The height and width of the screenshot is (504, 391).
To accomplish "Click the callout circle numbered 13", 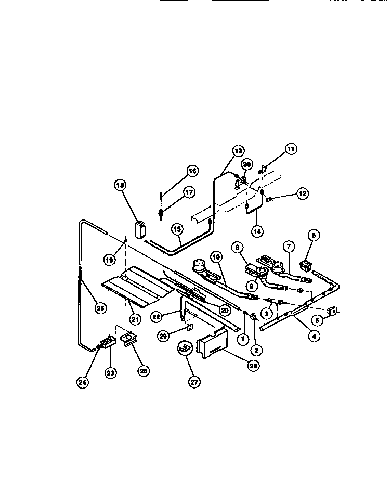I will click(x=238, y=151).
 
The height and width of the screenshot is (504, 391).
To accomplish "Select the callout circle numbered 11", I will click(x=291, y=150).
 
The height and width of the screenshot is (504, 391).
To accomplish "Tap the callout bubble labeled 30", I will click(x=247, y=164).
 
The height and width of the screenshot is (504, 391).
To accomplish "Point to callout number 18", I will click(x=121, y=185).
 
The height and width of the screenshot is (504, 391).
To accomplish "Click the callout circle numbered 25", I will click(x=100, y=308).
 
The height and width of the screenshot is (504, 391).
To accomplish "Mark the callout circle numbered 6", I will click(x=314, y=235).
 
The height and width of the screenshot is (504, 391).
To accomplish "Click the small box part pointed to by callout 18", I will click(x=139, y=229).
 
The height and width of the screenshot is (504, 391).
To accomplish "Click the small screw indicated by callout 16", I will click(x=160, y=197).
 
